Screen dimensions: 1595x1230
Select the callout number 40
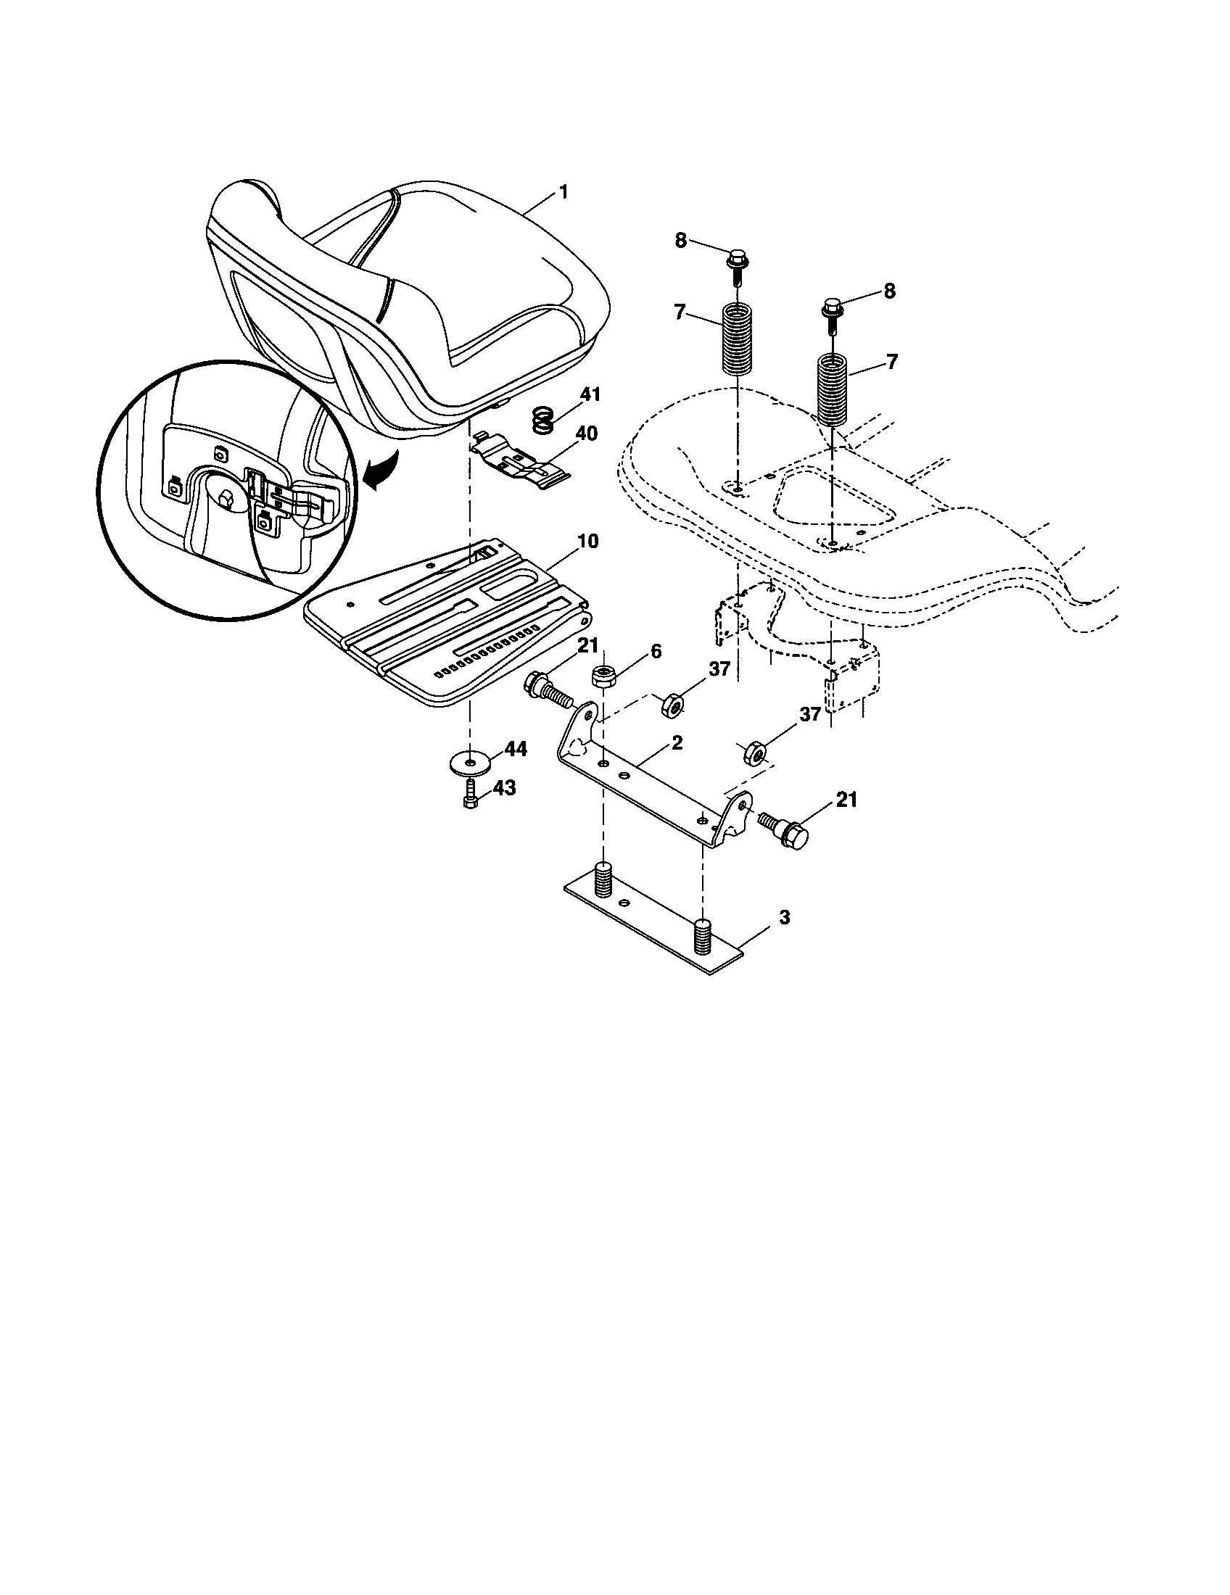[x=586, y=434]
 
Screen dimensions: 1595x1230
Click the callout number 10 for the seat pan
[x=587, y=541]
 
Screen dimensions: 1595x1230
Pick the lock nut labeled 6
[x=603, y=676]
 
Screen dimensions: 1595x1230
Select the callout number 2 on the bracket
[x=677, y=742]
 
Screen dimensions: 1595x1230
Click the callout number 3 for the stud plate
[x=784, y=917]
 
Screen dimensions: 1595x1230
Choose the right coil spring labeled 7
[x=833, y=389]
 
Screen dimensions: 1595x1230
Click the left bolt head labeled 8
[x=735, y=260]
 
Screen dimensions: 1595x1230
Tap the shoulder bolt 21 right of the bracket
[x=788, y=831]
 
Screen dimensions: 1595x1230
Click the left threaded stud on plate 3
[x=602, y=879]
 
